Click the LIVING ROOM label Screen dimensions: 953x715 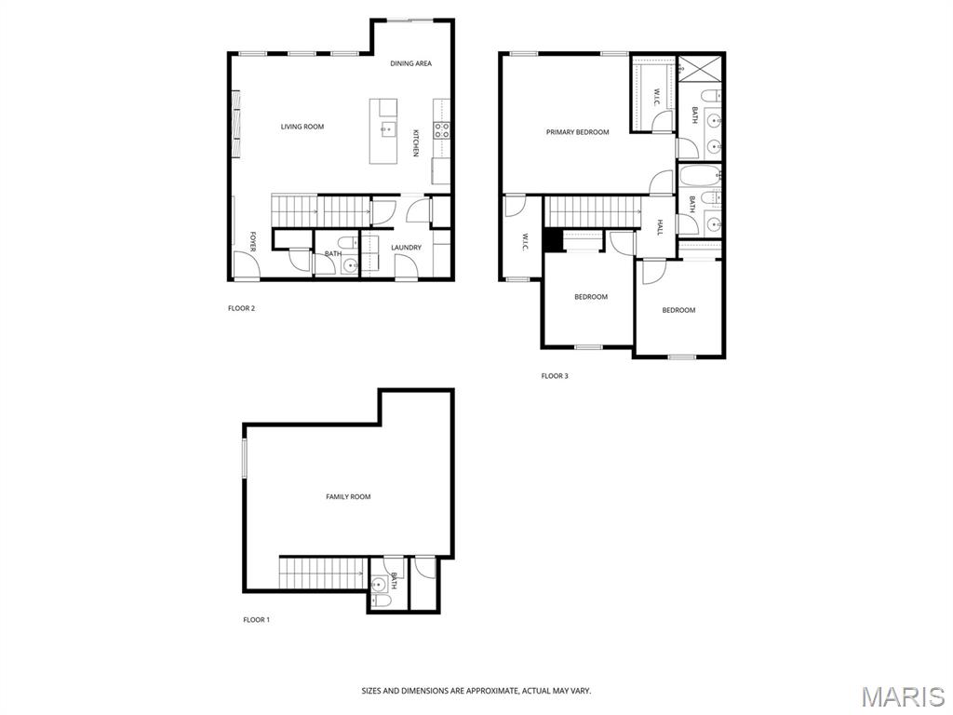click(x=302, y=127)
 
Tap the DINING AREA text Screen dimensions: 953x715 click(x=410, y=63)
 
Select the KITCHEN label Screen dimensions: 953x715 click(x=416, y=142)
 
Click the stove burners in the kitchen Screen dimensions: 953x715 click(x=442, y=129)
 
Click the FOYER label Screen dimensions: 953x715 click(x=253, y=241)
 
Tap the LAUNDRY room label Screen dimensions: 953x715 click(x=406, y=248)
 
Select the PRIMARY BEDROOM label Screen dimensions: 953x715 click(x=577, y=132)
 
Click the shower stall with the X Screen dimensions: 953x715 click(x=699, y=67)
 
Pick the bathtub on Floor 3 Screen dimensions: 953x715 click(x=700, y=176)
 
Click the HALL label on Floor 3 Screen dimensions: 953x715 click(x=660, y=227)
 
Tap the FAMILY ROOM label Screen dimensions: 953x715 click(x=348, y=497)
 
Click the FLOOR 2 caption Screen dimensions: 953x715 click(x=241, y=308)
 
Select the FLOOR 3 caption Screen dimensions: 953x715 click(x=555, y=376)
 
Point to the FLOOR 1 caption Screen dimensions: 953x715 click(x=257, y=620)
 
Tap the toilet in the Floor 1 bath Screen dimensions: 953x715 click(x=382, y=601)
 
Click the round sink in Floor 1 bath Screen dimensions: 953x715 click(x=380, y=585)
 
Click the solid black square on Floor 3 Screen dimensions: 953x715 click(x=553, y=239)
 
